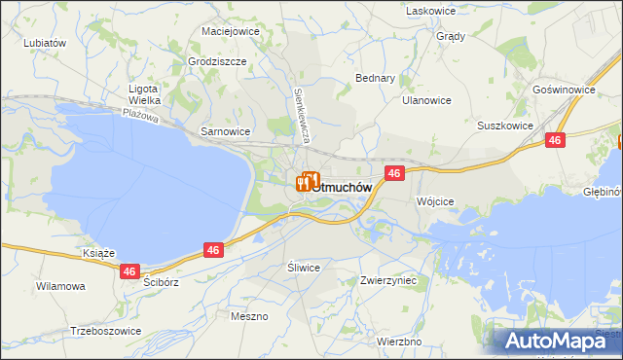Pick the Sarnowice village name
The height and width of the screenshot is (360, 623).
click(x=225, y=130)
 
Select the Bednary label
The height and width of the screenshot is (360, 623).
click(x=376, y=77)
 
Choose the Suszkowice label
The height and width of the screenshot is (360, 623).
click(x=504, y=126)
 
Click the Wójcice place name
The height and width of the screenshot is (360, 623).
click(x=435, y=201)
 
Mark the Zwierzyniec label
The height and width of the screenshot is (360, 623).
click(x=387, y=280)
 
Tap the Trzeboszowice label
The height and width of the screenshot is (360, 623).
click(x=105, y=331)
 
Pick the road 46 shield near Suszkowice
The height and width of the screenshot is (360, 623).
click(x=555, y=141)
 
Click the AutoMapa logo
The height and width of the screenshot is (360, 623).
click(x=561, y=340)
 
